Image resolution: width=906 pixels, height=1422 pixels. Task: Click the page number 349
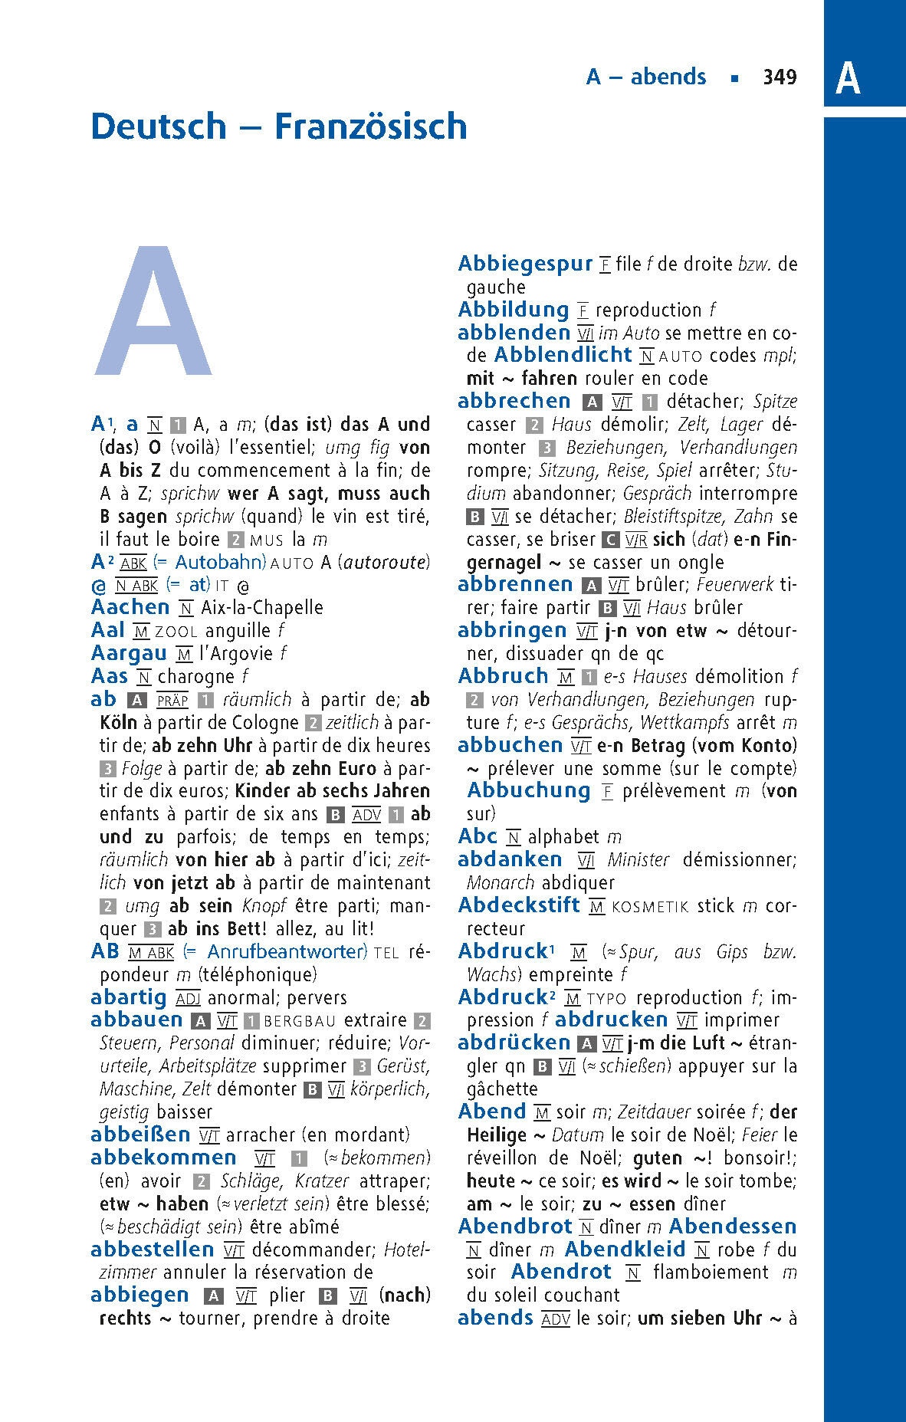point(780,77)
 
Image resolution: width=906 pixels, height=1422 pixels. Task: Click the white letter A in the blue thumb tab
point(847,78)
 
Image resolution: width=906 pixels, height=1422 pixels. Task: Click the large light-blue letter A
point(153,312)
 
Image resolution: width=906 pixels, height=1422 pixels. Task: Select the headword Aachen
point(130,607)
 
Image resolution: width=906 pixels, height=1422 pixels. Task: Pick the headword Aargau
point(129,653)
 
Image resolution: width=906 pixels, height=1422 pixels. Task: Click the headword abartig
point(128,997)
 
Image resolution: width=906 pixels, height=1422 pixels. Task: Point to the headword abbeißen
point(140,1135)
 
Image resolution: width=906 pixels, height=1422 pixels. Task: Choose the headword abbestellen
point(152,1249)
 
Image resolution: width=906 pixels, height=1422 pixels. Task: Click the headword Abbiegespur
point(525,264)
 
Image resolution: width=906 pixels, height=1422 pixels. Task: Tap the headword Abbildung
point(513,310)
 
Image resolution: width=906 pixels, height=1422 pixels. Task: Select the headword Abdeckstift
point(519,905)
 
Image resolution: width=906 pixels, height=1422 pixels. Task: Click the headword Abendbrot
point(515,1227)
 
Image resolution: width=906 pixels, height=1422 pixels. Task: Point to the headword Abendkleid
point(625,1250)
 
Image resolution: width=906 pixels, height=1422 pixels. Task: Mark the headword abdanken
point(510,859)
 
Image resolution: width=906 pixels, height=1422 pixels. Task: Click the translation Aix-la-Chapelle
point(262,608)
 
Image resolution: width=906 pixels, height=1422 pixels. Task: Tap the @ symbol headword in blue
point(98,586)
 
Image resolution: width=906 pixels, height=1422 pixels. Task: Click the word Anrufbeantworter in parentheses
point(284,952)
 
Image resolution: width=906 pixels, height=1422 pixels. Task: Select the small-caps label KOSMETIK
point(651,907)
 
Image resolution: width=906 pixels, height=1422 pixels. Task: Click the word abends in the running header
point(668,77)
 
